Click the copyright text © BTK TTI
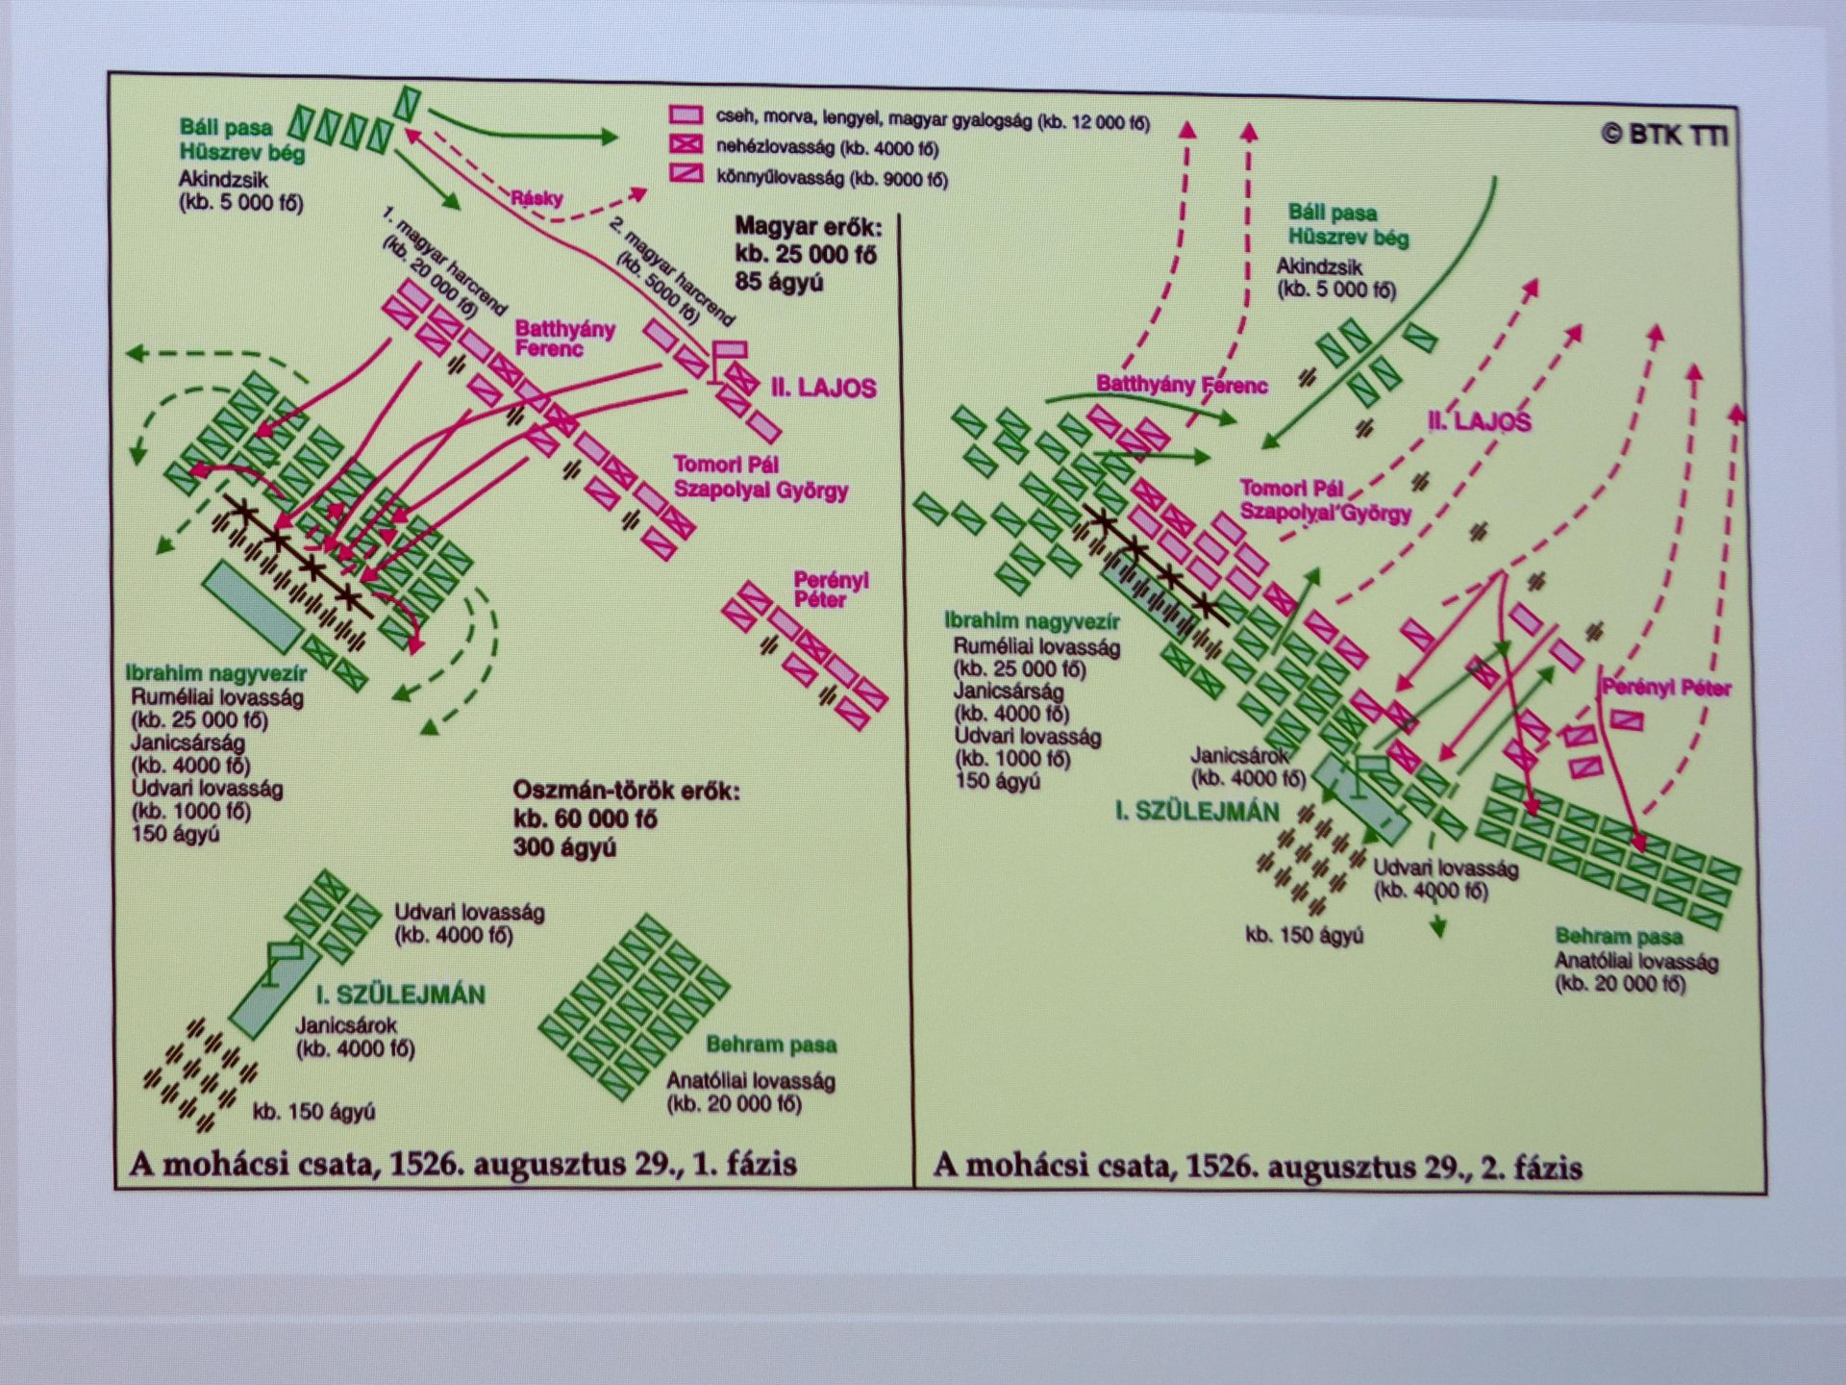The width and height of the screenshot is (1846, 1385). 1664,135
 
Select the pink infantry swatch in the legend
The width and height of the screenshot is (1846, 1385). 686,115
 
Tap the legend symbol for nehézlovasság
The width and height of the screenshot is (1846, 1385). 686,145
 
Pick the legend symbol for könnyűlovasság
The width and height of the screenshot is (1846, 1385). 686,174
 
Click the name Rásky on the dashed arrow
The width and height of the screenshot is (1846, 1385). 536,198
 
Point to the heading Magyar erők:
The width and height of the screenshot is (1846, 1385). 808,227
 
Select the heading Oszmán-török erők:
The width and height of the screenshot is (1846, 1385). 626,792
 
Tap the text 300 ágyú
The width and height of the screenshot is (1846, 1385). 564,847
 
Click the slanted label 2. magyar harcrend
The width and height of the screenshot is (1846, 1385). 671,271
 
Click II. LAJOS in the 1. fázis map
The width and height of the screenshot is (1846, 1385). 824,389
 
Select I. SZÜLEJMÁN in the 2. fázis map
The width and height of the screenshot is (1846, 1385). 1197,812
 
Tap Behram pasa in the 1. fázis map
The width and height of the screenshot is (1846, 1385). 771,1045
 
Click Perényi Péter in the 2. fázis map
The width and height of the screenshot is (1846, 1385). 1665,688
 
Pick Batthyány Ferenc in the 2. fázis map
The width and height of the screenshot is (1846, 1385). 1182,386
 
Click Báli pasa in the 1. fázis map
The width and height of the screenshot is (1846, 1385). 226,127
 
